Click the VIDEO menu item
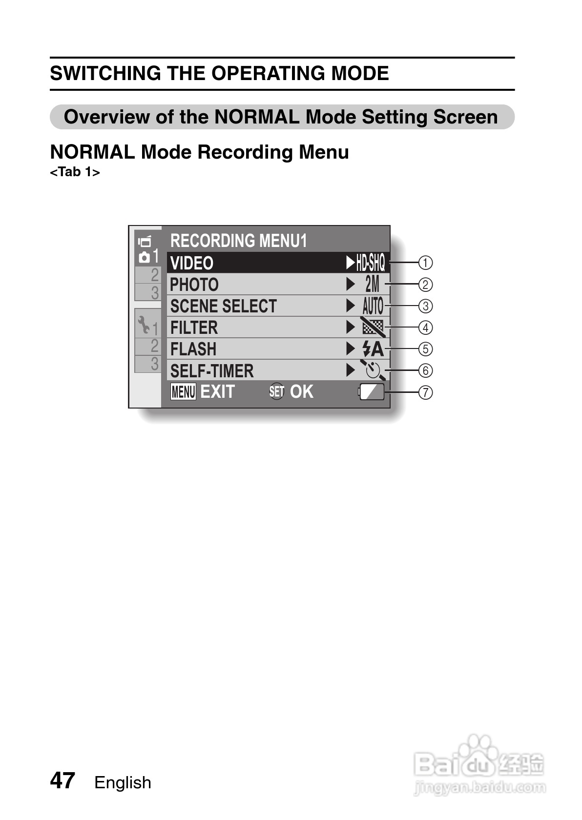pos(192,263)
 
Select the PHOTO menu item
pos(194,285)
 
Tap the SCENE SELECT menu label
pos(223,306)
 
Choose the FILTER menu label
pos(194,328)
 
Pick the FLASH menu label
pos(193,349)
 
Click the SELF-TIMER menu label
pos(212,371)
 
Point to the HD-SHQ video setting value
pos(370,263)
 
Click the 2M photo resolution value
pos(372,284)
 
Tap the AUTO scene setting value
pos(373,306)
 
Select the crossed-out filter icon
pos(373,327)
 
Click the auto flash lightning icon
pos(373,349)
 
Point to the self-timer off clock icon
pos(373,370)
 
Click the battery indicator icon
pos(372,392)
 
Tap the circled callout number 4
pos(426,328)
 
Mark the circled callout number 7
pos(426,392)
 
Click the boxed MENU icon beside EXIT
pos(183,391)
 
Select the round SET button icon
pos(277,391)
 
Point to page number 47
pos(62,780)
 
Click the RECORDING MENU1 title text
pos(239,241)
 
